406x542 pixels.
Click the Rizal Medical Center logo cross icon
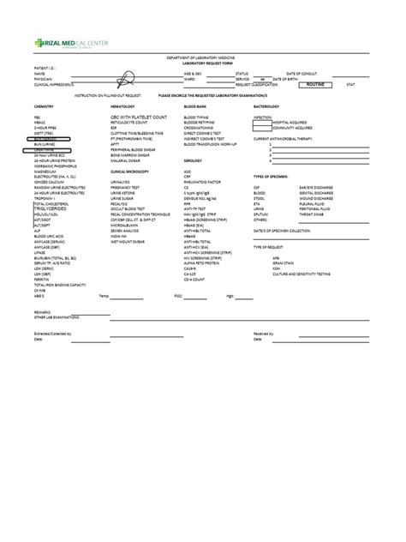coord(39,43)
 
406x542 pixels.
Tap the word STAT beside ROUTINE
coord(350,85)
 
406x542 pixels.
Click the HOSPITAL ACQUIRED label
coord(291,121)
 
